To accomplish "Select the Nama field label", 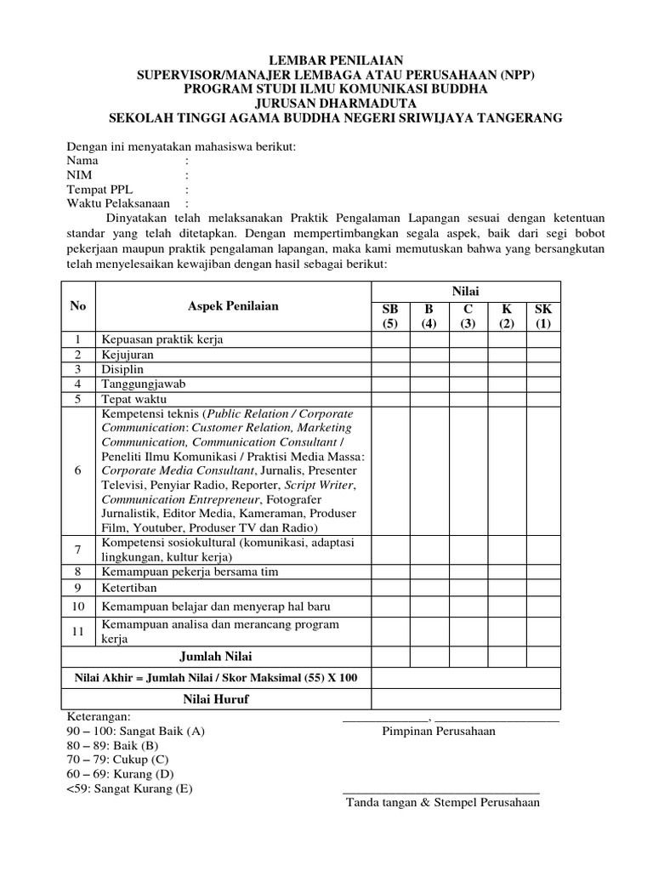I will click(82, 160).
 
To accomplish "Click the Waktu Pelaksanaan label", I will click(119, 204).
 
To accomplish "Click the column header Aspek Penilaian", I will click(232, 305).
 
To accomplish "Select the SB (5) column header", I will click(389, 316).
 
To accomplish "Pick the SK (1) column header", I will click(543, 316).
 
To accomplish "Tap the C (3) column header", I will click(468, 316).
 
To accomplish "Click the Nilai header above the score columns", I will click(466, 292).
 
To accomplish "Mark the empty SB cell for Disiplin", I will click(389, 369).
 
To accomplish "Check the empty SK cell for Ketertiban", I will click(543, 587).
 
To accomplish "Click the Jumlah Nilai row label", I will click(215, 657).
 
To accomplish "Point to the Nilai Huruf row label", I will click(215, 699).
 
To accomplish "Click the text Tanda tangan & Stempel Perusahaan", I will click(442, 802).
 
